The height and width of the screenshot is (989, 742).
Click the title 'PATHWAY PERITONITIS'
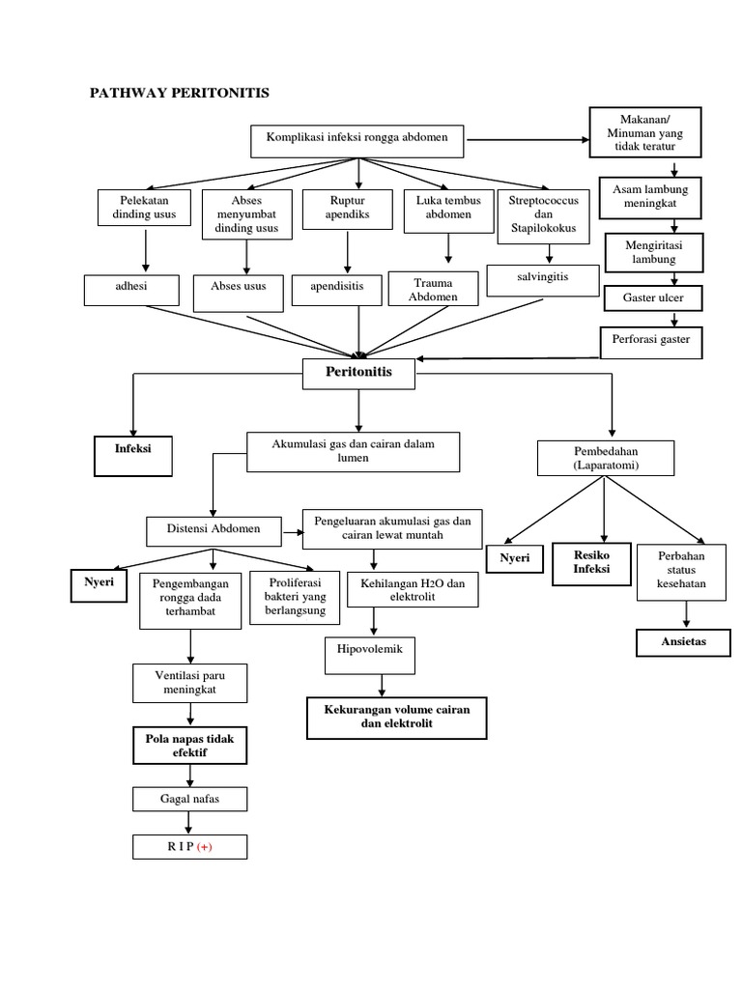[x=180, y=94]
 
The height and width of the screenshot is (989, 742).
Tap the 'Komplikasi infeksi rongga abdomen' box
[x=357, y=139]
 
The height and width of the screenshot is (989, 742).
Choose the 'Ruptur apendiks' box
[x=346, y=208]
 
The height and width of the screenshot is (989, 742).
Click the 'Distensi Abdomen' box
[x=214, y=530]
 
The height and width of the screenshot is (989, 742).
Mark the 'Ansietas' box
[x=684, y=641]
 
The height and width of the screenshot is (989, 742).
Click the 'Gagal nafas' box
[x=190, y=800]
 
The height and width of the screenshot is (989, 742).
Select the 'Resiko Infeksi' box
[x=590, y=563]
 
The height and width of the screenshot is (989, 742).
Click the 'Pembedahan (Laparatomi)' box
[x=605, y=458]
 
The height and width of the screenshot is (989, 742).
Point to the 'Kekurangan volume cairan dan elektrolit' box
[x=396, y=717]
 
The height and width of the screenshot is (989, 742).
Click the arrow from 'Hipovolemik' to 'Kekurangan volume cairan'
[x=384, y=684]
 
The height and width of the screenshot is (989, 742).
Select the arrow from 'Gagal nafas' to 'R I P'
[x=190, y=822]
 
